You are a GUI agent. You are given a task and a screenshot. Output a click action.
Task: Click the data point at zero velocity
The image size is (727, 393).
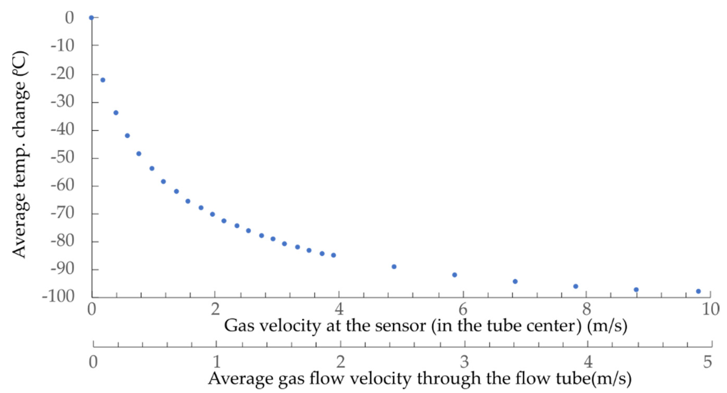tap(91, 18)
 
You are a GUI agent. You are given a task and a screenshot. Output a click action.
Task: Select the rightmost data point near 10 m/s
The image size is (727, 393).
tap(698, 291)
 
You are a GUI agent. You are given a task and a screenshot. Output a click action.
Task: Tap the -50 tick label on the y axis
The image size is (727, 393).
tap(62, 157)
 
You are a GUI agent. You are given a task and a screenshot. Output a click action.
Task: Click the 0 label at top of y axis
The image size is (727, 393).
tap(69, 18)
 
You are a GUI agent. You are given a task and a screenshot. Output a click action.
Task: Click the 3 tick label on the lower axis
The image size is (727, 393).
tap(465, 362)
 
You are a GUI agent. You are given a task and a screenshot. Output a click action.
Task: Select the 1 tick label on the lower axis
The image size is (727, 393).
tap(217, 362)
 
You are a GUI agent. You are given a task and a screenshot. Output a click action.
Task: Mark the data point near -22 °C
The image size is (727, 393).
tap(103, 80)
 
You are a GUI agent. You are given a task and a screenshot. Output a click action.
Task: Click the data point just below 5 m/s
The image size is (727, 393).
tap(394, 267)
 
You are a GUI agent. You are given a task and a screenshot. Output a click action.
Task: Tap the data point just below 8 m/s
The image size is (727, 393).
tap(576, 286)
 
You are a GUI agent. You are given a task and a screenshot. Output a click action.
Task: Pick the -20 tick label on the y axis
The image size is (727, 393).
tap(62, 74)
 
